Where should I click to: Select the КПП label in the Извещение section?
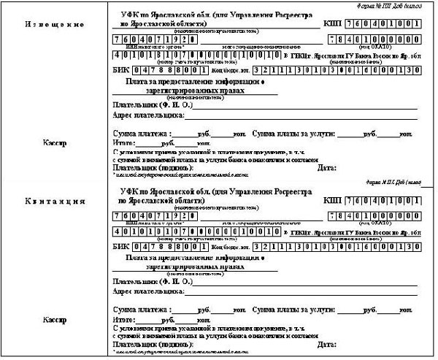point(333,24)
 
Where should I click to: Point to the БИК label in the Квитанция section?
point(119,248)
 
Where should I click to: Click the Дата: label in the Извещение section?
point(328,169)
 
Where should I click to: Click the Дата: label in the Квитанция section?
point(328,344)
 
